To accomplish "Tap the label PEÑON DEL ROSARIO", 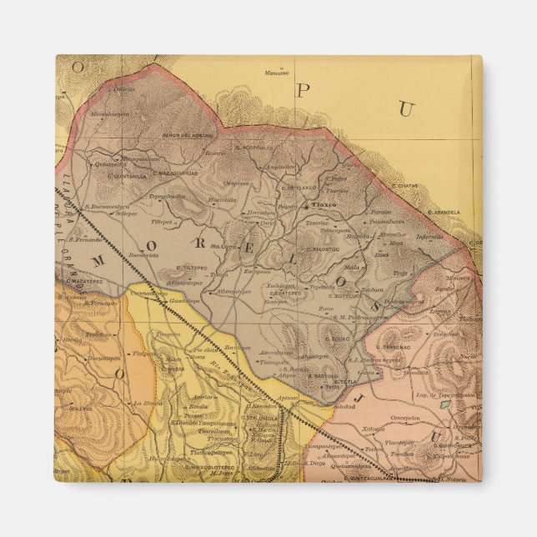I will [183, 136].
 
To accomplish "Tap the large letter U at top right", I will [406, 108].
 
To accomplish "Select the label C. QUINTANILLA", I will [127, 175].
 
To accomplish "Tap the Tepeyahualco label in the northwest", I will [166, 196].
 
